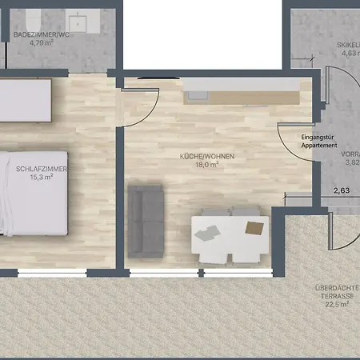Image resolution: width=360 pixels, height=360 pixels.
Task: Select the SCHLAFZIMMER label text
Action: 41,169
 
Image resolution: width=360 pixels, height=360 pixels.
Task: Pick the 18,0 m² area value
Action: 206,165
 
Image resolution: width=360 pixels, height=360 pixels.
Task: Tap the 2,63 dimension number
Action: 342,190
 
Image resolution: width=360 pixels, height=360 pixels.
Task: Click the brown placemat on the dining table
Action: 254,227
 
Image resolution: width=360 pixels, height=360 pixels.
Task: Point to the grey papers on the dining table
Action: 207,233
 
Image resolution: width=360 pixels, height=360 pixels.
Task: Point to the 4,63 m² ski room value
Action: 350,54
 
